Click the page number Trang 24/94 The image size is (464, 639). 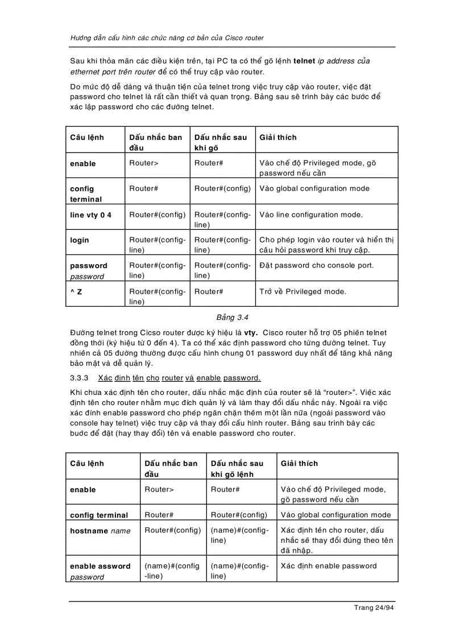coord(374,608)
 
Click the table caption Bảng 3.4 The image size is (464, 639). coord(232,317)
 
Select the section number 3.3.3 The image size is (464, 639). coord(80,378)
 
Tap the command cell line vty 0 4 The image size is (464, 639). coord(90,215)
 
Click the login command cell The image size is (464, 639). coord(80,240)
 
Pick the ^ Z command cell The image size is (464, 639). coord(76,291)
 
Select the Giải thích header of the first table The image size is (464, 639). coord(277,137)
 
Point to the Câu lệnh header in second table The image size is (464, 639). coord(87,463)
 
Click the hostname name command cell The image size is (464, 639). coord(100,531)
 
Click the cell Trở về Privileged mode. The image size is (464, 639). coord(303,291)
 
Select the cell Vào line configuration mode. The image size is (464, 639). coord(310,215)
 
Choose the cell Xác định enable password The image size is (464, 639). coord(329,566)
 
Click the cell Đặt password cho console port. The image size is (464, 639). coord(317,266)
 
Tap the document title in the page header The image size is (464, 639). coord(167,38)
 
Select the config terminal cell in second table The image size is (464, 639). coord(99,515)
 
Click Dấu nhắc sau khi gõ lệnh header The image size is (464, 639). coord(237,468)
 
